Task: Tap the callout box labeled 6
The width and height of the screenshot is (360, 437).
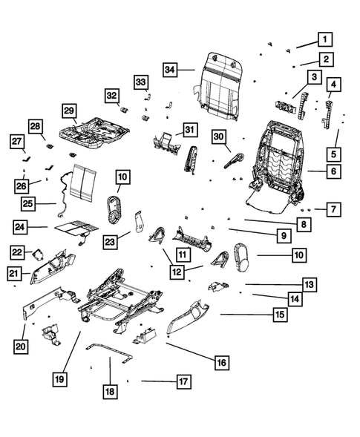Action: [x=332, y=171]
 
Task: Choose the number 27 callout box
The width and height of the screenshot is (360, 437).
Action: [x=17, y=141]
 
